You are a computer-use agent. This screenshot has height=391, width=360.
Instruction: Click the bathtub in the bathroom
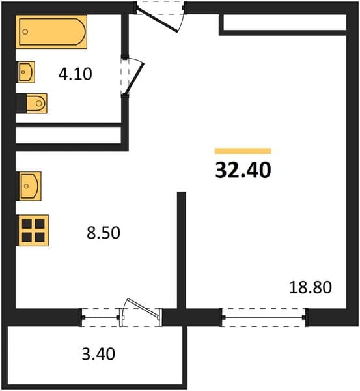[51, 32]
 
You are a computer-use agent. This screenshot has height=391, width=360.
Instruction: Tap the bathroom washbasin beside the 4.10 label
[25, 72]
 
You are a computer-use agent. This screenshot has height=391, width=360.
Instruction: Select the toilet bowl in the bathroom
[36, 103]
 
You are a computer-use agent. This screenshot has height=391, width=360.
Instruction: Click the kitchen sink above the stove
[29, 186]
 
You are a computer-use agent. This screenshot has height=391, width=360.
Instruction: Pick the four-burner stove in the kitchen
[33, 231]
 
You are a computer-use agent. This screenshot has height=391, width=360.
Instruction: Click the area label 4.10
[76, 74]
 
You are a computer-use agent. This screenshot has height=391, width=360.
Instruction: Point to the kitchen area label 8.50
[104, 233]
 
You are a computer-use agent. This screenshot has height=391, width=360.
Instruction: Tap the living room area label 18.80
[311, 287]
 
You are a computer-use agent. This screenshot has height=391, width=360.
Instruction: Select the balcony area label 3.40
[98, 354]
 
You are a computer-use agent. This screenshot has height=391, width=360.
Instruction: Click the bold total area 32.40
[243, 170]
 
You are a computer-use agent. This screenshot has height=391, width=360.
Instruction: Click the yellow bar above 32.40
[243, 151]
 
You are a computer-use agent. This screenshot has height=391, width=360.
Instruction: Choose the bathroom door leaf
[135, 79]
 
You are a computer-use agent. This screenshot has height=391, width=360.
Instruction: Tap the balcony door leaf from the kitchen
[143, 308]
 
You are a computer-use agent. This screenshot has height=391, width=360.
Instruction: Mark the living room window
[264, 317]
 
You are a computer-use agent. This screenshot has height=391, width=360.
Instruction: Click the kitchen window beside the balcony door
[101, 317]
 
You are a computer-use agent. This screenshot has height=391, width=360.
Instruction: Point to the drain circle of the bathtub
[25, 32]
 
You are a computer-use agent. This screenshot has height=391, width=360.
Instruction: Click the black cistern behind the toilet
[21, 103]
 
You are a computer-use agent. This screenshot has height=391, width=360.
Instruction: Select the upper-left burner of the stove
[27, 224]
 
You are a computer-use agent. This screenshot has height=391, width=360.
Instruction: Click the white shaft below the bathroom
[68, 135]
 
